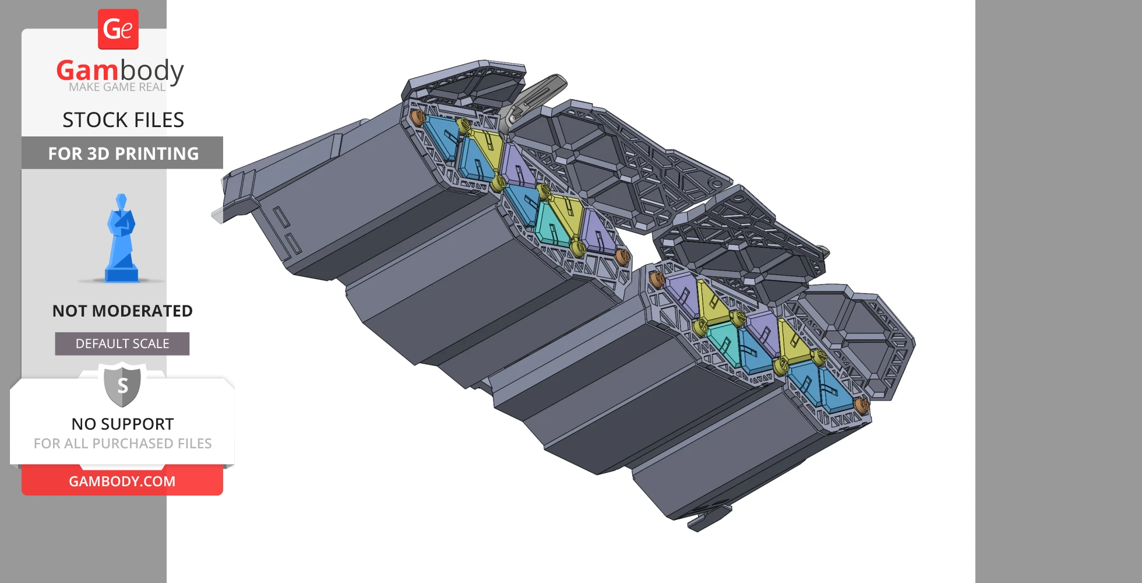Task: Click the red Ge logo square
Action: click(x=118, y=29)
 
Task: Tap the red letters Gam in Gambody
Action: click(x=87, y=71)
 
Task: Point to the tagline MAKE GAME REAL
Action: click(x=117, y=87)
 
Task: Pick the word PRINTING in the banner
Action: click(x=160, y=153)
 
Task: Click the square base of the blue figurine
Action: click(x=121, y=273)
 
